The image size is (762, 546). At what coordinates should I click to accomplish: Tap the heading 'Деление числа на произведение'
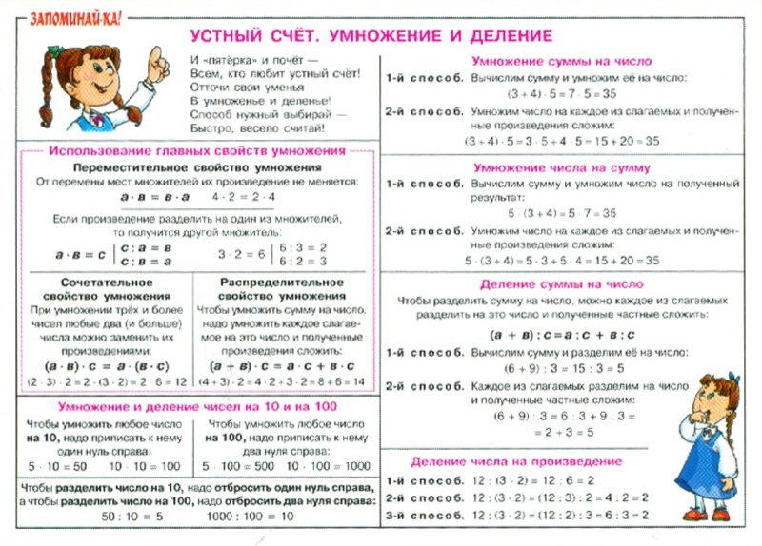[517, 461]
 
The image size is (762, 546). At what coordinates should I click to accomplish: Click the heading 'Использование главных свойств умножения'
[197, 151]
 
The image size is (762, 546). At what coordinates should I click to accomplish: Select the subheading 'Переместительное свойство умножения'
[197, 167]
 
